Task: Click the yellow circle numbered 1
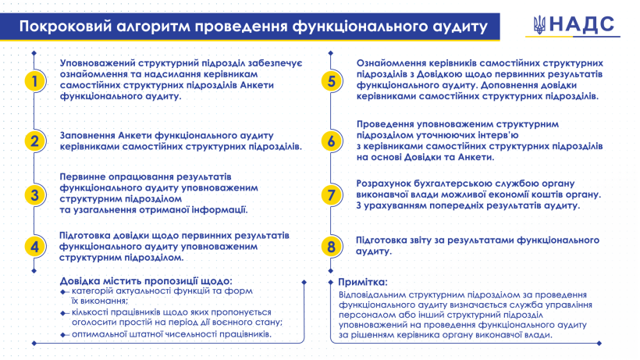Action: (x=34, y=81)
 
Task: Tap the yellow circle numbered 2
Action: (x=34, y=141)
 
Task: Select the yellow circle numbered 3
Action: (x=34, y=194)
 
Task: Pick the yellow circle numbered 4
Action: (x=34, y=247)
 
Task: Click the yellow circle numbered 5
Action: (x=332, y=81)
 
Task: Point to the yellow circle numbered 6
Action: (x=332, y=141)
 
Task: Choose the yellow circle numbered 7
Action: (x=332, y=194)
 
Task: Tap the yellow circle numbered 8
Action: (x=332, y=247)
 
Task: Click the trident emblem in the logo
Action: (x=539, y=25)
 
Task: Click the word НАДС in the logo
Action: (x=581, y=24)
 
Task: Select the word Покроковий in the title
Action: (x=66, y=27)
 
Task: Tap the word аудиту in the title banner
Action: (x=459, y=27)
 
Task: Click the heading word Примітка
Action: (x=362, y=282)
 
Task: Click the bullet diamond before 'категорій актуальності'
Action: (x=63, y=292)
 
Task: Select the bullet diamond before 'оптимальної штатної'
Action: (x=63, y=335)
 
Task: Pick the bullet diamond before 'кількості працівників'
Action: (x=63, y=313)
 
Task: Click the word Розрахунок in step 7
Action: (x=385, y=184)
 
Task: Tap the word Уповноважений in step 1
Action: (x=98, y=63)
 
